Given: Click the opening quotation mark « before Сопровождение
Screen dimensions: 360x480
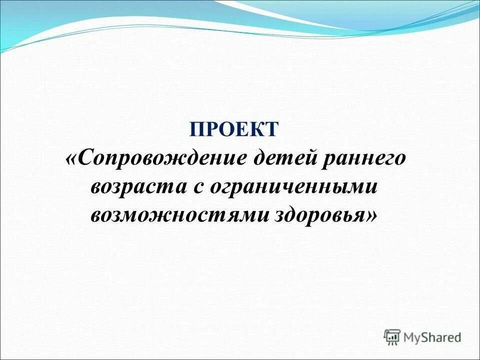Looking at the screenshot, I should pyautogui.click(x=71, y=160).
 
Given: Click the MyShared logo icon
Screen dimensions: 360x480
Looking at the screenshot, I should pyautogui.click(x=392, y=337).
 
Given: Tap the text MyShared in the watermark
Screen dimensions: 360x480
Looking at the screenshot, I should pyautogui.click(x=432, y=338).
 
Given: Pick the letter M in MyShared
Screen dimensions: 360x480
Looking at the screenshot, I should pyautogui.click(x=410, y=337).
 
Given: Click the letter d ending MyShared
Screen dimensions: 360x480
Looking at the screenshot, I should pyautogui.click(x=457, y=337).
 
